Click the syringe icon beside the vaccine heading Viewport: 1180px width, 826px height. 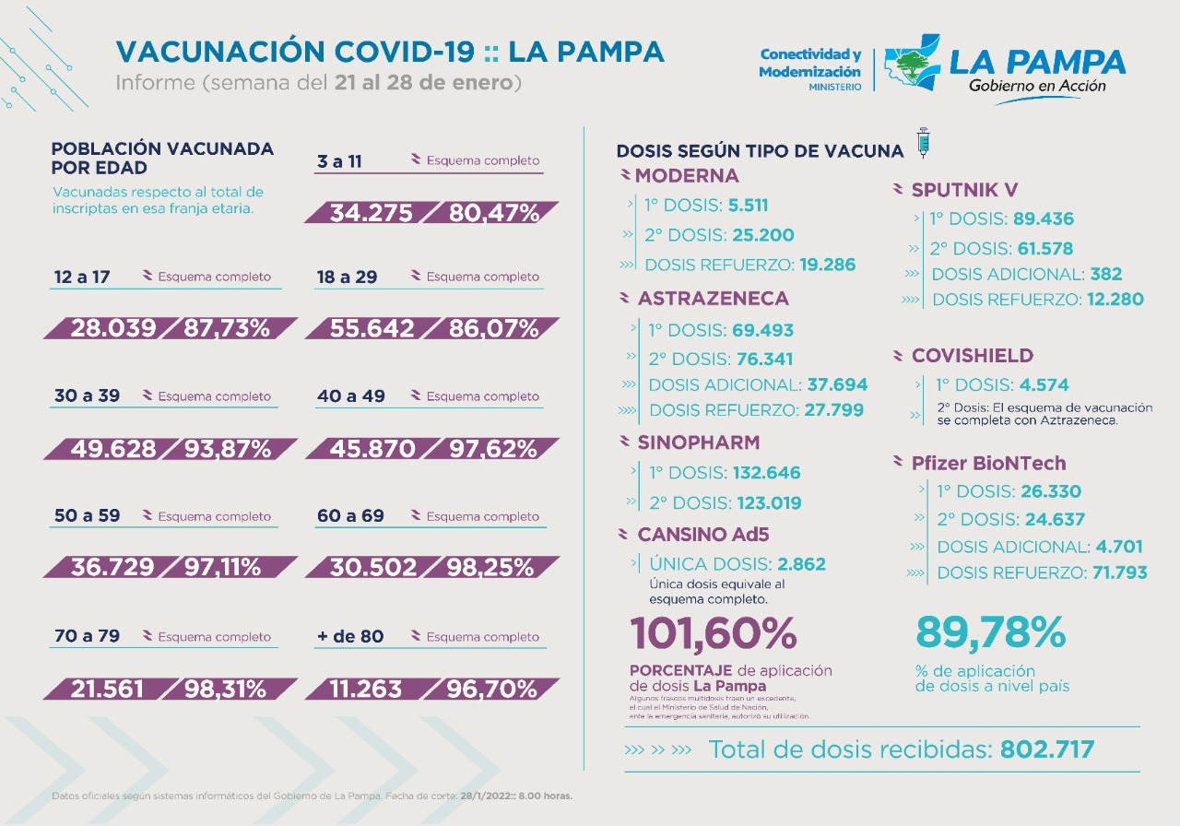(x=923, y=143)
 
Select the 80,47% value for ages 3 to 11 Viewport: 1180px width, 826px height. (x=493, y=213)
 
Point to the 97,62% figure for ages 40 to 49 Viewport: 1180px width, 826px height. (x=492, y=449)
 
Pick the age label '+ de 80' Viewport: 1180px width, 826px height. (x=350, y=637)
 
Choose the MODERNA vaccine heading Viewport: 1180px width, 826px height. (x=687, y=176)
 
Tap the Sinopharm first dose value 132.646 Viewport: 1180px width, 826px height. (x=766, y=474)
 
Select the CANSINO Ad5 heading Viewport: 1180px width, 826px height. (x=702, y=535)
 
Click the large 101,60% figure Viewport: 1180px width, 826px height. (x=714, y=633)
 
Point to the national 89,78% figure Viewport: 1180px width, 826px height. (x=990, y=632)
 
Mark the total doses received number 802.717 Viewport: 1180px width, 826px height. (x=1047, y=749)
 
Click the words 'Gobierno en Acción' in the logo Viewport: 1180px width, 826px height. (x=1037, y=86)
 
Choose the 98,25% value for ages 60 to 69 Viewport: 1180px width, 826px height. (x=490, y=568)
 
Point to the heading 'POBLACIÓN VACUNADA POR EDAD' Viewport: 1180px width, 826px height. (x=162, y=158)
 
